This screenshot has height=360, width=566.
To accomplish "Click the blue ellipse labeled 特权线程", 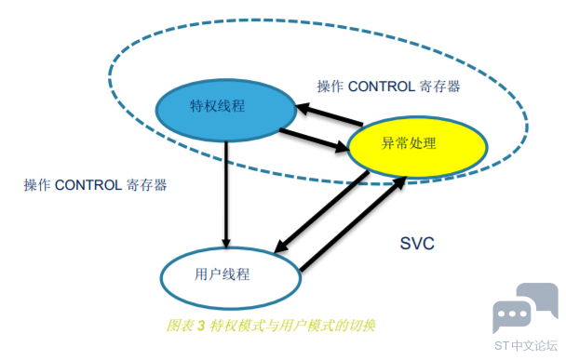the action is (226, 110).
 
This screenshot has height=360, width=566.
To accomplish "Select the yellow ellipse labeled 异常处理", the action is (417, 146).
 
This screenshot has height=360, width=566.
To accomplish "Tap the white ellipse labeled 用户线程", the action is (231, 278).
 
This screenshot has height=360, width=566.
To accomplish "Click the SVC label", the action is (417, 244).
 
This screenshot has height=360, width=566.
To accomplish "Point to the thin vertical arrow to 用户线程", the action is (226, 194).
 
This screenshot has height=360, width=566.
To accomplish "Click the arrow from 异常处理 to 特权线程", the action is (330, 114).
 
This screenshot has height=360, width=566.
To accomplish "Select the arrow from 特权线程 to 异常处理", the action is (314, 140).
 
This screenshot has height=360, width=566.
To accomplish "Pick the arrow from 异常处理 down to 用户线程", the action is (322, 212).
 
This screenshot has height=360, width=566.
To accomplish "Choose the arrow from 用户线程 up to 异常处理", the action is (353, 223).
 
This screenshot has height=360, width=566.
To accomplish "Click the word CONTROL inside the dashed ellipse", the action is (381, 87).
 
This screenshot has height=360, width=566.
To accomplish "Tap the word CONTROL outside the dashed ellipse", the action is (88, 185).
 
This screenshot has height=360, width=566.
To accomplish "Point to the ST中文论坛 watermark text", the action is (526, 345).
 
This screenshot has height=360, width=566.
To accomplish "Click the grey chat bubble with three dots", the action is (512, 314).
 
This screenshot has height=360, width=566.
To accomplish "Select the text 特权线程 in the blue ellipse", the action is (217, 106).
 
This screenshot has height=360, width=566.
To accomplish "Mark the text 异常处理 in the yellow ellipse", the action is (409, 143).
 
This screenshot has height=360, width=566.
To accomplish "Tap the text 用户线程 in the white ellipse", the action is (222, 274).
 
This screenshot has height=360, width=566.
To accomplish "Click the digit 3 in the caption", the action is (201, 327).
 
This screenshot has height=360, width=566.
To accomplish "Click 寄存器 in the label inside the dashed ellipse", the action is (439, 87).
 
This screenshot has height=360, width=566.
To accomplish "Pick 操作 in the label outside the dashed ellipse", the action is (37, 185).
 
